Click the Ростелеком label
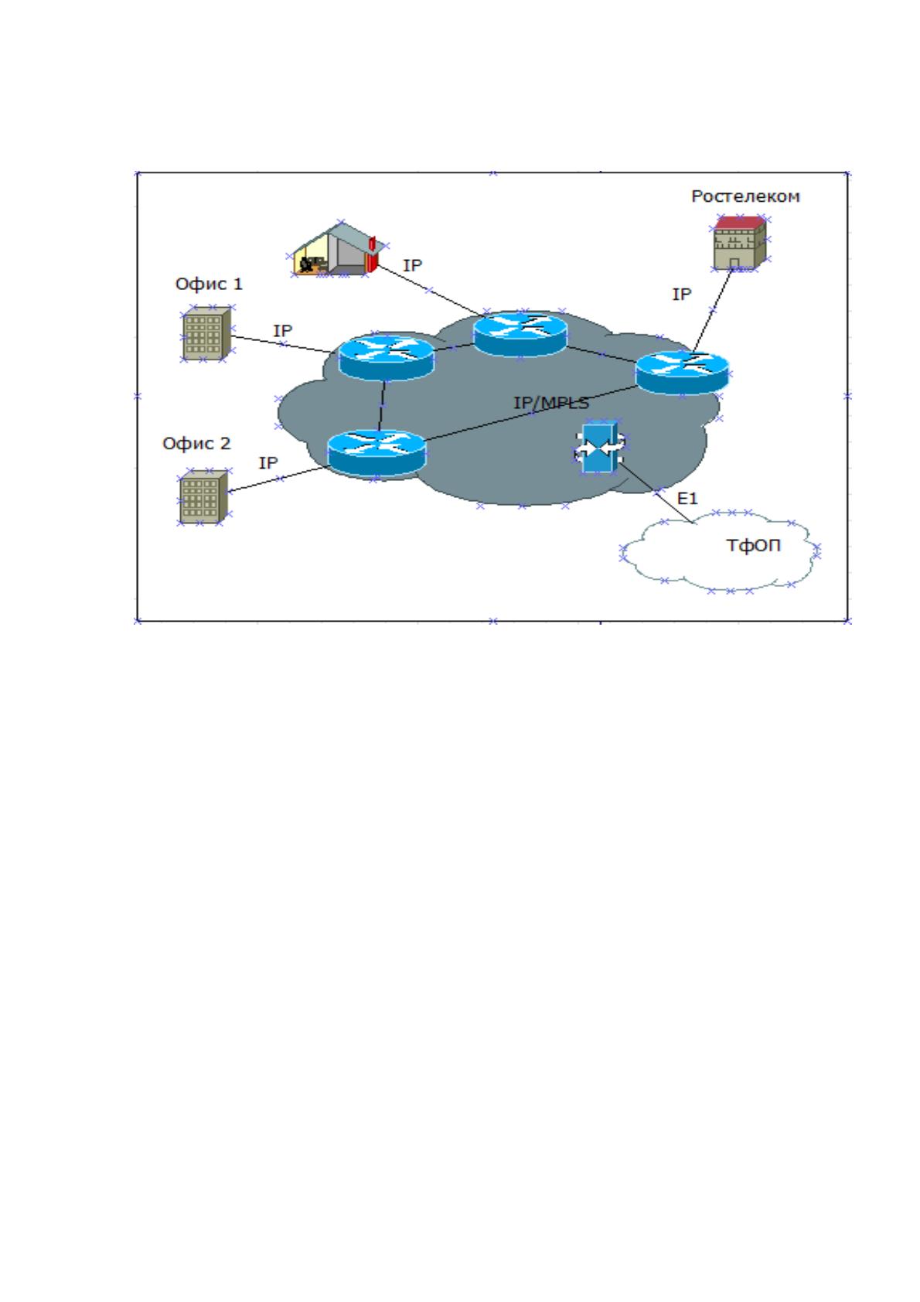[x=745, y=196]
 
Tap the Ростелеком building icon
[x=739, y=242]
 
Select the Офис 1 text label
[x=209, y=284]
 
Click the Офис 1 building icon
[x=206, y=333]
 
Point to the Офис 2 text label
[x=196, y=444]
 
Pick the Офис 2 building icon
[x=203, y=497]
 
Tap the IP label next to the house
[x=412, y=266]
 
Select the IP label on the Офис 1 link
[x=282, y=331]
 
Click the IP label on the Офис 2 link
[x=268, y=462]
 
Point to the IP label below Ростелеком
[x=682, y=295]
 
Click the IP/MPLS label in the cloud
[x=551, y=403]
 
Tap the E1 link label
[x=687, y=498]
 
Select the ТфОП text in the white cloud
[x=753, y=545]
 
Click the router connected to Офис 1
[x=387, y=357]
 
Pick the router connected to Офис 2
[x=377, y=453]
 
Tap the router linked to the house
[x=520, y=334]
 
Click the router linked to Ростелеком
[x=682, y=373]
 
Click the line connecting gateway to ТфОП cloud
[x=656, y=493]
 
